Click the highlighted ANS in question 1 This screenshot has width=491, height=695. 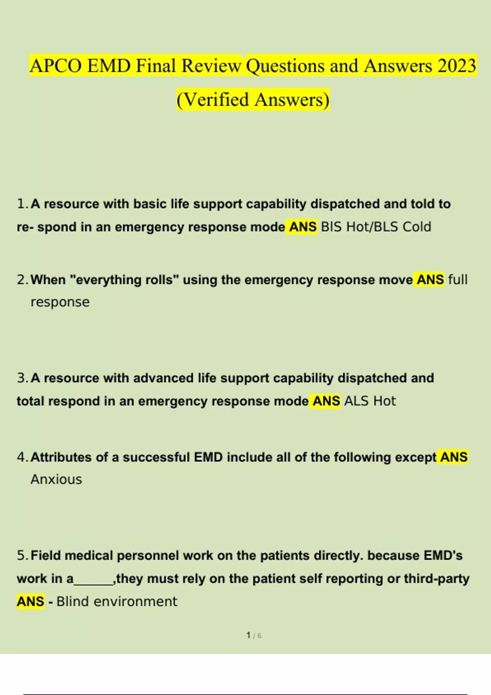coord(303,227)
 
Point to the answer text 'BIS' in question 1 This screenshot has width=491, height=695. coord(331,227)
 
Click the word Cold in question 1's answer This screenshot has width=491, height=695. coord(417,227)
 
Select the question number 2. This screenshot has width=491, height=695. coord(22,280)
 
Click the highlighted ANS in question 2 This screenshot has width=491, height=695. coord(430,280)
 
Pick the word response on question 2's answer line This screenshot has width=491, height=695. coord(60,302)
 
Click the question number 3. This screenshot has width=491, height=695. coord(22,378)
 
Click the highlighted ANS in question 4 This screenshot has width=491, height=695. coord(454,457)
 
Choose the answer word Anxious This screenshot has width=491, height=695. coord(56,480)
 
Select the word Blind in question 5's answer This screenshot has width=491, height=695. coord(72,602)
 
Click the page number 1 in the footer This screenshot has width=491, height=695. coord(248,635)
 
